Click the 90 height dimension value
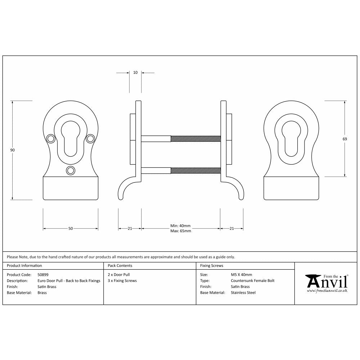coord(12,150)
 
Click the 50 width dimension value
coord(71,228)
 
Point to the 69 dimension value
coord(345,139)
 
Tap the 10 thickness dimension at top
coord(135,72)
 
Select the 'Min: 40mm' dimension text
coord(180,226)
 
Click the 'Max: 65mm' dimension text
coord(180,231)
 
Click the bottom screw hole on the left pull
coord(71,170)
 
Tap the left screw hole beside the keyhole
coord(51,138)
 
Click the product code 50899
coord(43,275)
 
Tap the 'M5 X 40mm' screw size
coord(241,275)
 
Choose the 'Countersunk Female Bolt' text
coord(252,281)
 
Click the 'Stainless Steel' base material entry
coord(243,293)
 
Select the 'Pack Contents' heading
coord(120,266)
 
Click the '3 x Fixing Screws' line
coord(122,281)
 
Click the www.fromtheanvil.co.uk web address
coord(327,290)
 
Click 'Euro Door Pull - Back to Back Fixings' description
coord(69,281)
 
